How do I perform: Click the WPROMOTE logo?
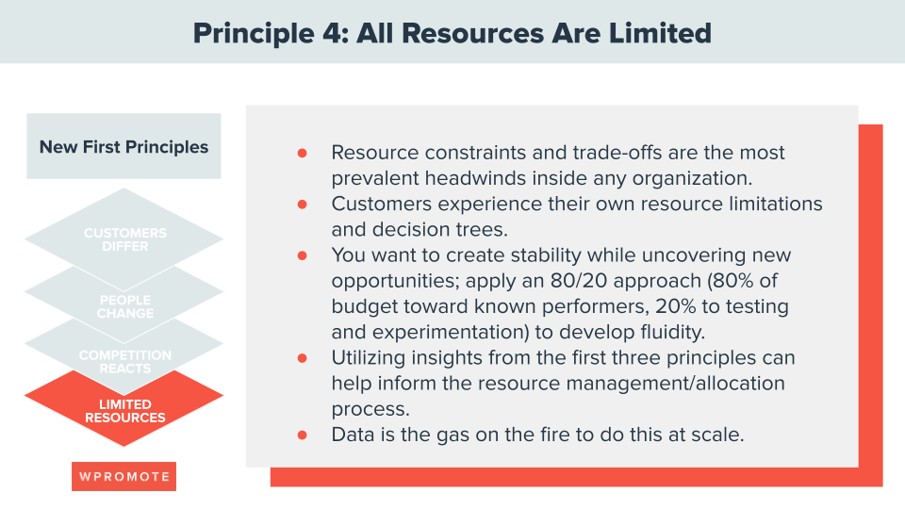pos(123,476)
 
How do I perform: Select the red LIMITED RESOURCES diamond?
pos(124,411)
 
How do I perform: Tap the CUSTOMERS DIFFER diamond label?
pos(124,239)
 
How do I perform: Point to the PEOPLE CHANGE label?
pos(124,306)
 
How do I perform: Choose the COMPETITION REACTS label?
pos(124,361)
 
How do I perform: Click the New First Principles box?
pos(123,147)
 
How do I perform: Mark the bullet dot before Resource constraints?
pos(302,153)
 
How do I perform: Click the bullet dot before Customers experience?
pos(302,204)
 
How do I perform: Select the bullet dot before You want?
pos(302,255)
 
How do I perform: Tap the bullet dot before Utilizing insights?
pos(302,358)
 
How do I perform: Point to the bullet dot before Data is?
pos(302,435)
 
